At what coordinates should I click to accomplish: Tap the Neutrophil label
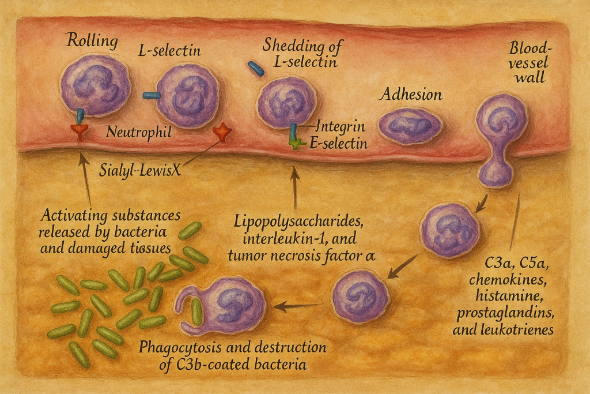139,133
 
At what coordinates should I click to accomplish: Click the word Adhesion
410,95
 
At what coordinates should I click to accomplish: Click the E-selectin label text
338,144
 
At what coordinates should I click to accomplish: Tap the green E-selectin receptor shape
296,143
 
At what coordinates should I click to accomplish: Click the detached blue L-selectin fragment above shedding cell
256,69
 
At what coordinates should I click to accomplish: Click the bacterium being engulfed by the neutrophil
196,311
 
